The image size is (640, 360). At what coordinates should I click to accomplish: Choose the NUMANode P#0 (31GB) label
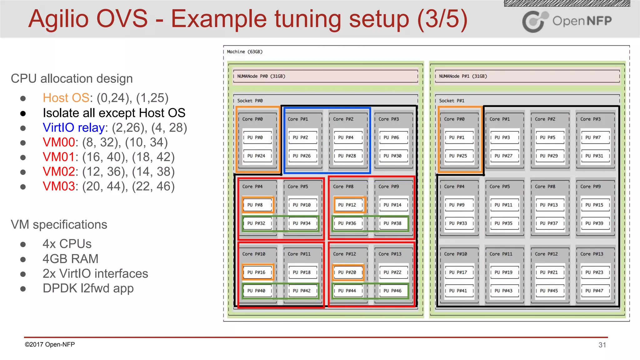261,76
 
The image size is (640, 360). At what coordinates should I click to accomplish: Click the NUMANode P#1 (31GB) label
463,76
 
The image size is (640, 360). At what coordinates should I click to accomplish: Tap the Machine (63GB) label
245,52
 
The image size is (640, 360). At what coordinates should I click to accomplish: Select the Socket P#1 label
452,101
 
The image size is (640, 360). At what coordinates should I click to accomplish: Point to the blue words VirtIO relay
74,127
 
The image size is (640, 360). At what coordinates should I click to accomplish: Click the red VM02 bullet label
59,172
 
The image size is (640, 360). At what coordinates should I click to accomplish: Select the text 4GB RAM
71,259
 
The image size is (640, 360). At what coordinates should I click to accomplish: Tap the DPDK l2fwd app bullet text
88,288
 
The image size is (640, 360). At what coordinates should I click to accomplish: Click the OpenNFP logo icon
535,21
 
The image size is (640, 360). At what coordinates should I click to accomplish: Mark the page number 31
602,345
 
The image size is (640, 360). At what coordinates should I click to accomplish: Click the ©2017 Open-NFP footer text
50,344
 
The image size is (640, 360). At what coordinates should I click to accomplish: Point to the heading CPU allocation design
72,78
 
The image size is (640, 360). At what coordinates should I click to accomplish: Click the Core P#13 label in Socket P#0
390,254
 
